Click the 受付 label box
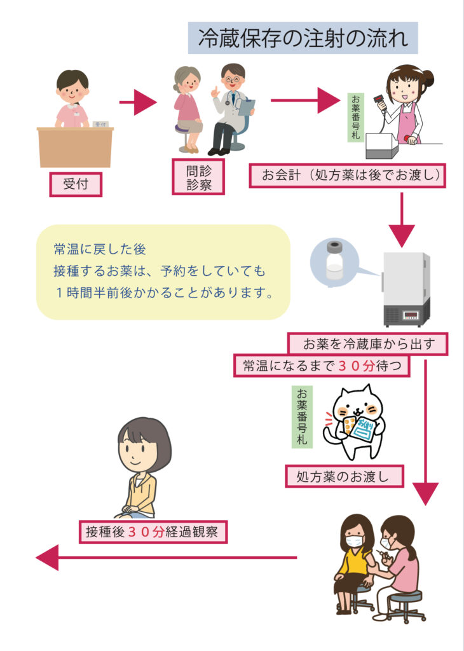(x=76, y=184)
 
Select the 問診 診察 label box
(x=198, y=177)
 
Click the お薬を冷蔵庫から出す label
(x=368, y=345)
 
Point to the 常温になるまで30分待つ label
(x=321, y=366)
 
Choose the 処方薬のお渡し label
(x=343, y=476)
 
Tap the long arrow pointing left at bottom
(x=165, y=558)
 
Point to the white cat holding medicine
(x=353, y=422)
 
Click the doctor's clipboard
(x=247, y=106)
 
